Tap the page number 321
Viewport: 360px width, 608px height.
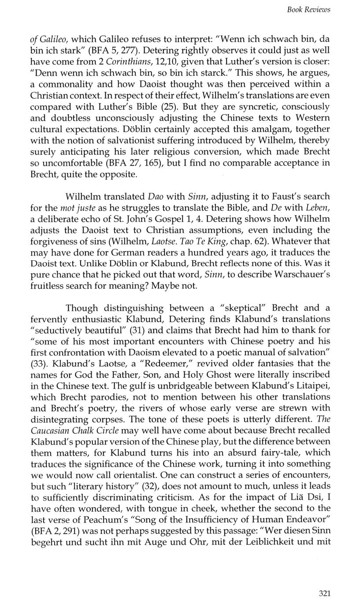(324, 593)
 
